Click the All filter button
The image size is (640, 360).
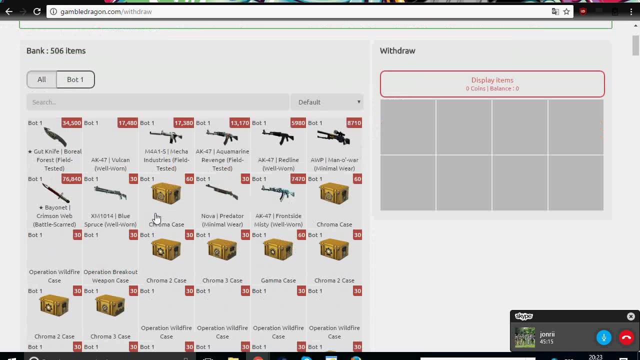point(41,79)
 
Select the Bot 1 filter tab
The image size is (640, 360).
point(75,79)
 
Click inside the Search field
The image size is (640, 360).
point(158,102)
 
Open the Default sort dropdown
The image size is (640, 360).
point(327,102)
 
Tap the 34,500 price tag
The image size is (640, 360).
point(71,123)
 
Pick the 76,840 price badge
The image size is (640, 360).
point(71,179)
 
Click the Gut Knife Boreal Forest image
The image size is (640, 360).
point(54,137)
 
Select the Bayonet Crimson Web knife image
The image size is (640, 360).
point(54,193)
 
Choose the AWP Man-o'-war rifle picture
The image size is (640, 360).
point(334,137)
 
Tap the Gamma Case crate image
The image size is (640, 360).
point(278,249)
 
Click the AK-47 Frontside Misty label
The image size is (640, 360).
point(278,220)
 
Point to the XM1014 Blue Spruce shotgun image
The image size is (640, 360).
point(110,193)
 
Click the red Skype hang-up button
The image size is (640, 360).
point(626,337)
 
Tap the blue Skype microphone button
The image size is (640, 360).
point(603,337)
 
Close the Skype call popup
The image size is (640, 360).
point(630,316)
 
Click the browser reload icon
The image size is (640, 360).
point(37,11)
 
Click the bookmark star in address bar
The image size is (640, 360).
point(566,11)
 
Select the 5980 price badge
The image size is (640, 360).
point(298,123)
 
